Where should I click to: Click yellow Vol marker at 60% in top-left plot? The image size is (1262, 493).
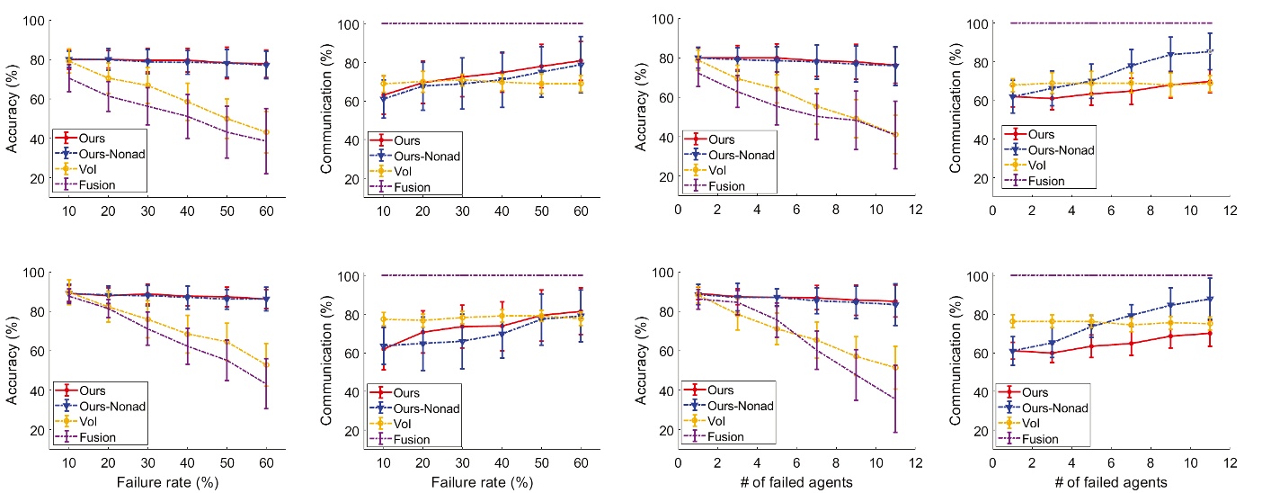[265, 132]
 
